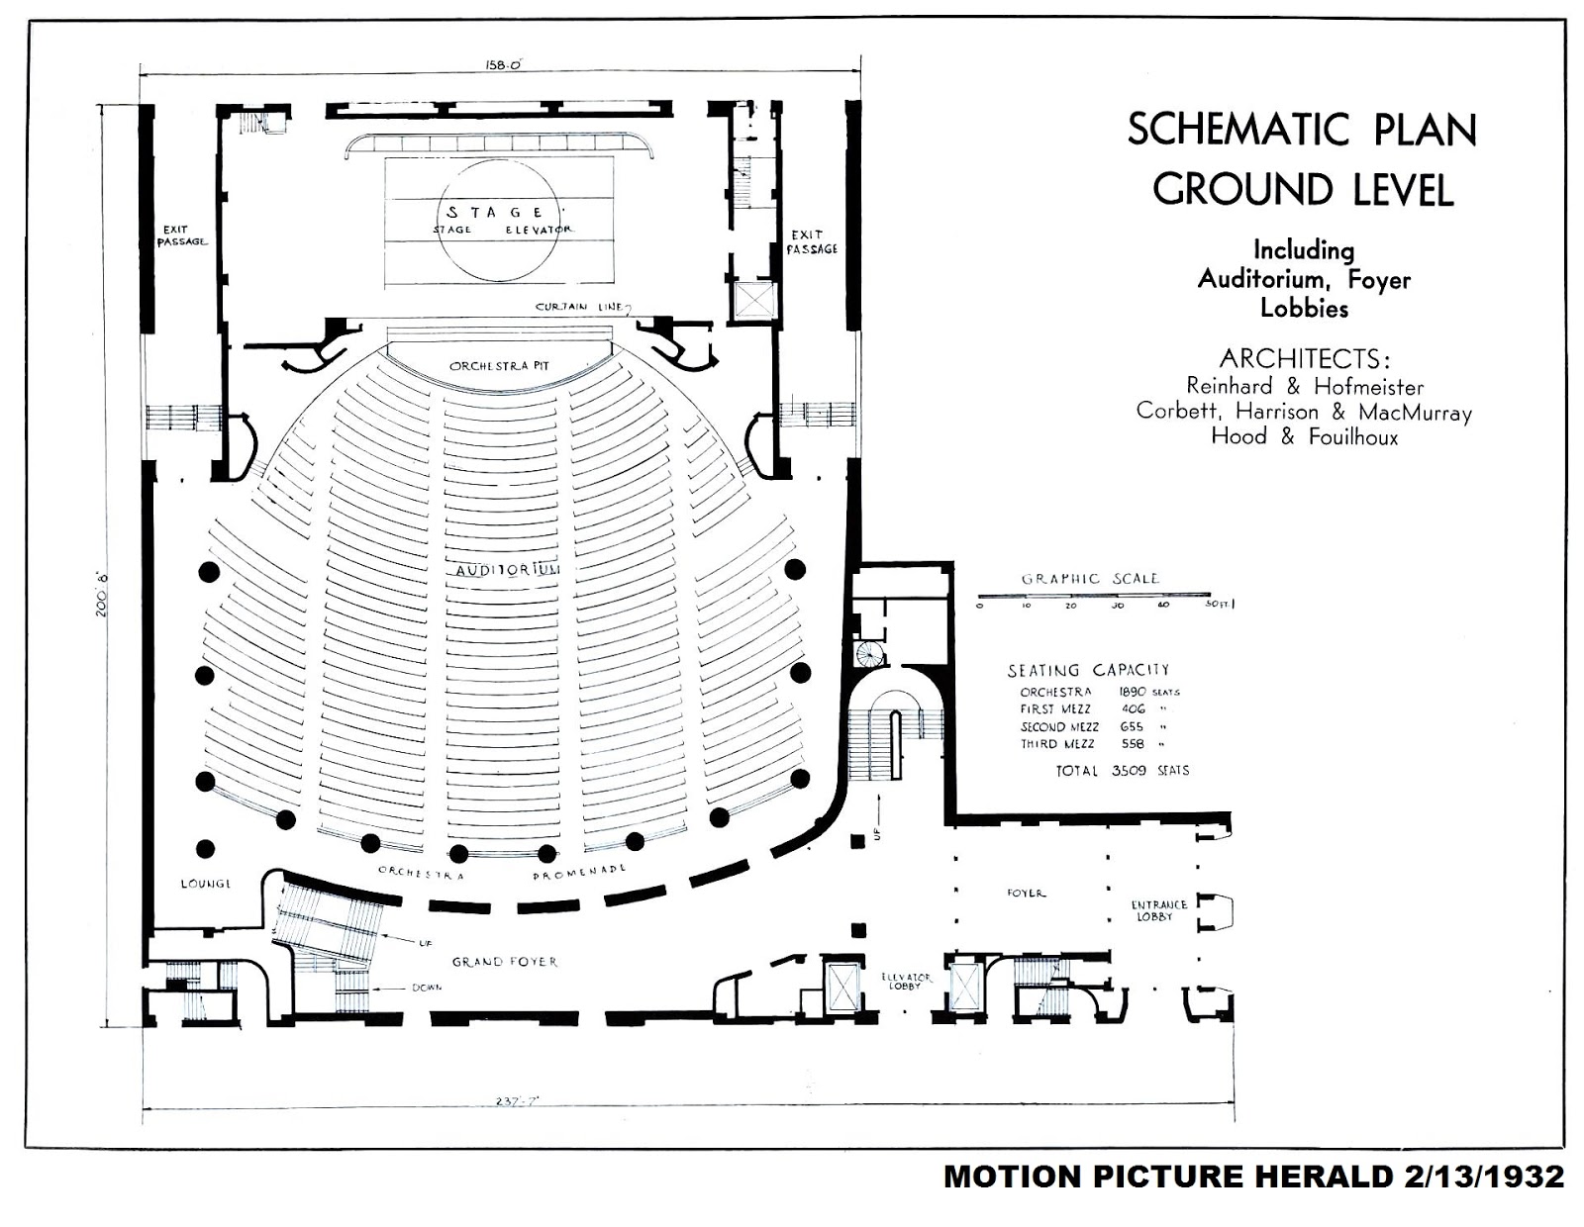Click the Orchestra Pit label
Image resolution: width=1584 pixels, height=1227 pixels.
pyautogui.click(x=499, y=366)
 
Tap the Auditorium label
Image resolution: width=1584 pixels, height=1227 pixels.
pyautogui.click(x=508, y=571)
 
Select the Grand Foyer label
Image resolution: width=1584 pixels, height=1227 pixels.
pyautogui.click(x=505, y=962)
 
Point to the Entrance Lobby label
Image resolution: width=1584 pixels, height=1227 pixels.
pyautogui.click(x=1159, y=910)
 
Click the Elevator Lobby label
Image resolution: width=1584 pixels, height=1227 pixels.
pyautogui.click(x=906, y=982)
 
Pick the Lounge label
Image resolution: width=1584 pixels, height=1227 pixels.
pyautogui.click(x=206, y=884)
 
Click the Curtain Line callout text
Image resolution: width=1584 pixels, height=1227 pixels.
pyautogui.click(x=579, y=307)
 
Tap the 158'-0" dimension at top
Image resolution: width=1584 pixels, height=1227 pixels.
pyautogui.click(x=503, y=65)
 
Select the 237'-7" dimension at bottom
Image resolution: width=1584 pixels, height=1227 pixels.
pyautogui.click(x=517, y=1100)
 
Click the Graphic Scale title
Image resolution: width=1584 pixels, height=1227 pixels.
pyautogui.click(x=1089, y=579)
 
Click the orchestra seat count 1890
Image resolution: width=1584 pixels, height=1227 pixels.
pyautogui.click(x=1132, y=692)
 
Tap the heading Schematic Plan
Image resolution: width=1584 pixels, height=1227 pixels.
pyautogui.click(x=1302, y=131)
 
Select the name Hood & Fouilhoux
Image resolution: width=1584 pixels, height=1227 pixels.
pyautogui.click(x=1304, y=436)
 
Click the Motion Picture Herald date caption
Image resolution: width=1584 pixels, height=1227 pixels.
pyautogui.click(x=1253, y=1177)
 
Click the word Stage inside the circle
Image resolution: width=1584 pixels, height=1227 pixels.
pyautogui.click(x=495, y=213)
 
